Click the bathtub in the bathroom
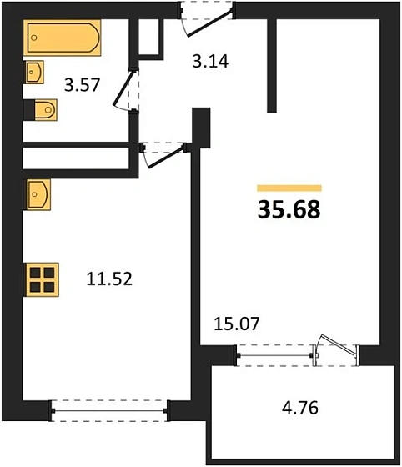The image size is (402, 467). point(63,38)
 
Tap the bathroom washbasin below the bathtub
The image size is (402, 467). point(34,73)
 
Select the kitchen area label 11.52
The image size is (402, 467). point(109,280)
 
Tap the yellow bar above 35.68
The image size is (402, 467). point(289,188)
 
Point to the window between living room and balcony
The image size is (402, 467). point(276,354)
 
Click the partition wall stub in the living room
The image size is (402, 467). point(271,67)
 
